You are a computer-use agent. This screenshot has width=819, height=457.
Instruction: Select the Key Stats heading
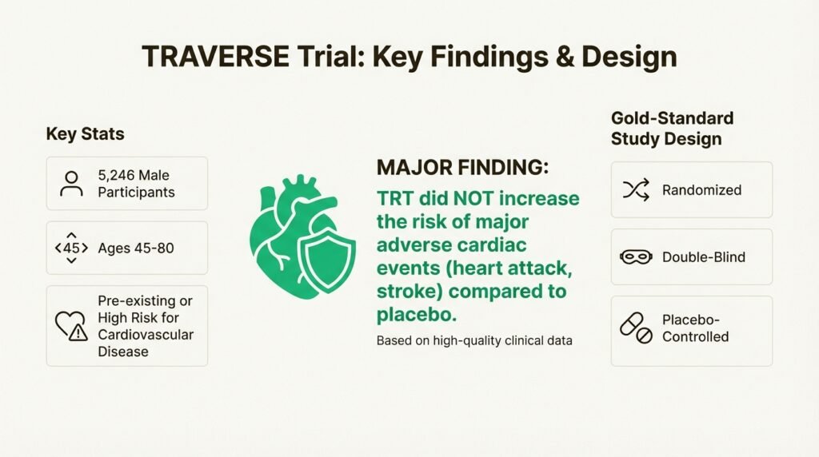point(85,133)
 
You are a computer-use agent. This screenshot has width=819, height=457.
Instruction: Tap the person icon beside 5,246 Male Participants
point(72,183)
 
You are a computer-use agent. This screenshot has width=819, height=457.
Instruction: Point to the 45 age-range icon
point(72,248)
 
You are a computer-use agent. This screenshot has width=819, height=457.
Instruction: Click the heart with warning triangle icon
point(71,325)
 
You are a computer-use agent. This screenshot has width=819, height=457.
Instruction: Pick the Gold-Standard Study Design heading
point(671,128)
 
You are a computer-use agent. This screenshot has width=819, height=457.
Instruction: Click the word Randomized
point(701,190)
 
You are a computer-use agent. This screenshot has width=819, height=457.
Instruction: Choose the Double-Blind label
point(703,257)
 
